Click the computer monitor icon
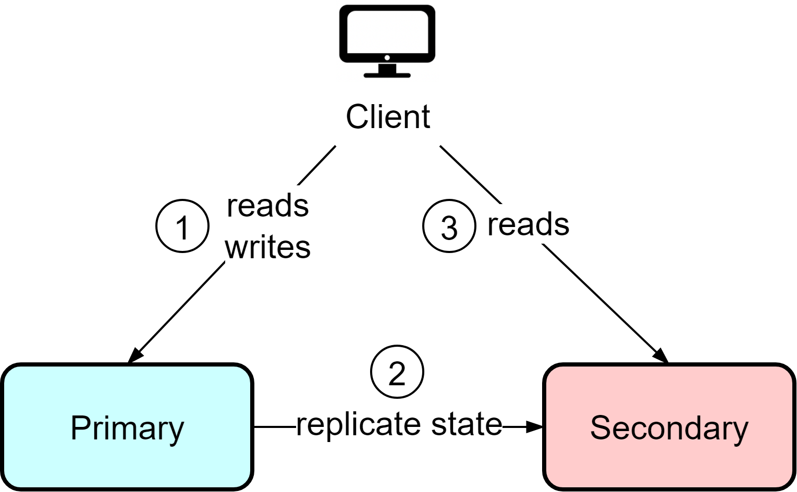tap(387, 41)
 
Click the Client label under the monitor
tap(388, 117)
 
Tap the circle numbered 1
tap(182, 226)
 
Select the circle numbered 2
tap(397, 372)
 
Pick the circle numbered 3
tap(449, 226)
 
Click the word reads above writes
tap(267, 206)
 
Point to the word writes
tap(267, 247)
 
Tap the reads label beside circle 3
tap(528, 224)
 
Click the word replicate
tap(352, 424)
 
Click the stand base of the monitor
tap(387, 75)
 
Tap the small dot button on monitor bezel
tap(387, 57)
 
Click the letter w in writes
tap(236, 248)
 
